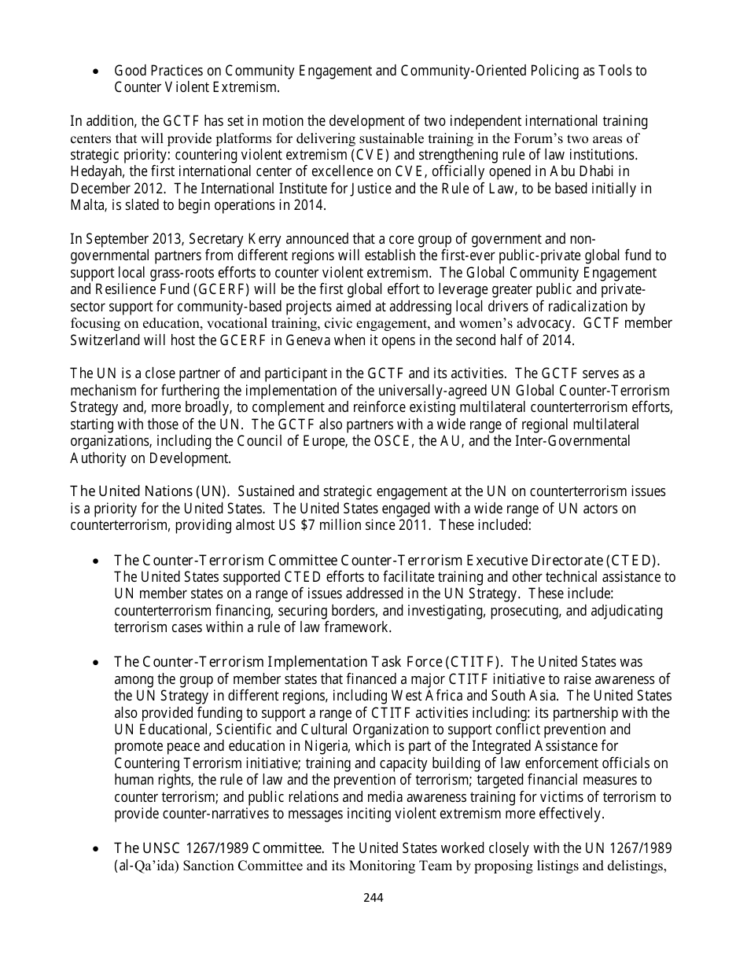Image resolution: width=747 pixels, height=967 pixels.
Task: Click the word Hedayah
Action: click(94, 171)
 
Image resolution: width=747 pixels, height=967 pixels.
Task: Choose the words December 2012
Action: click(109, 188)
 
